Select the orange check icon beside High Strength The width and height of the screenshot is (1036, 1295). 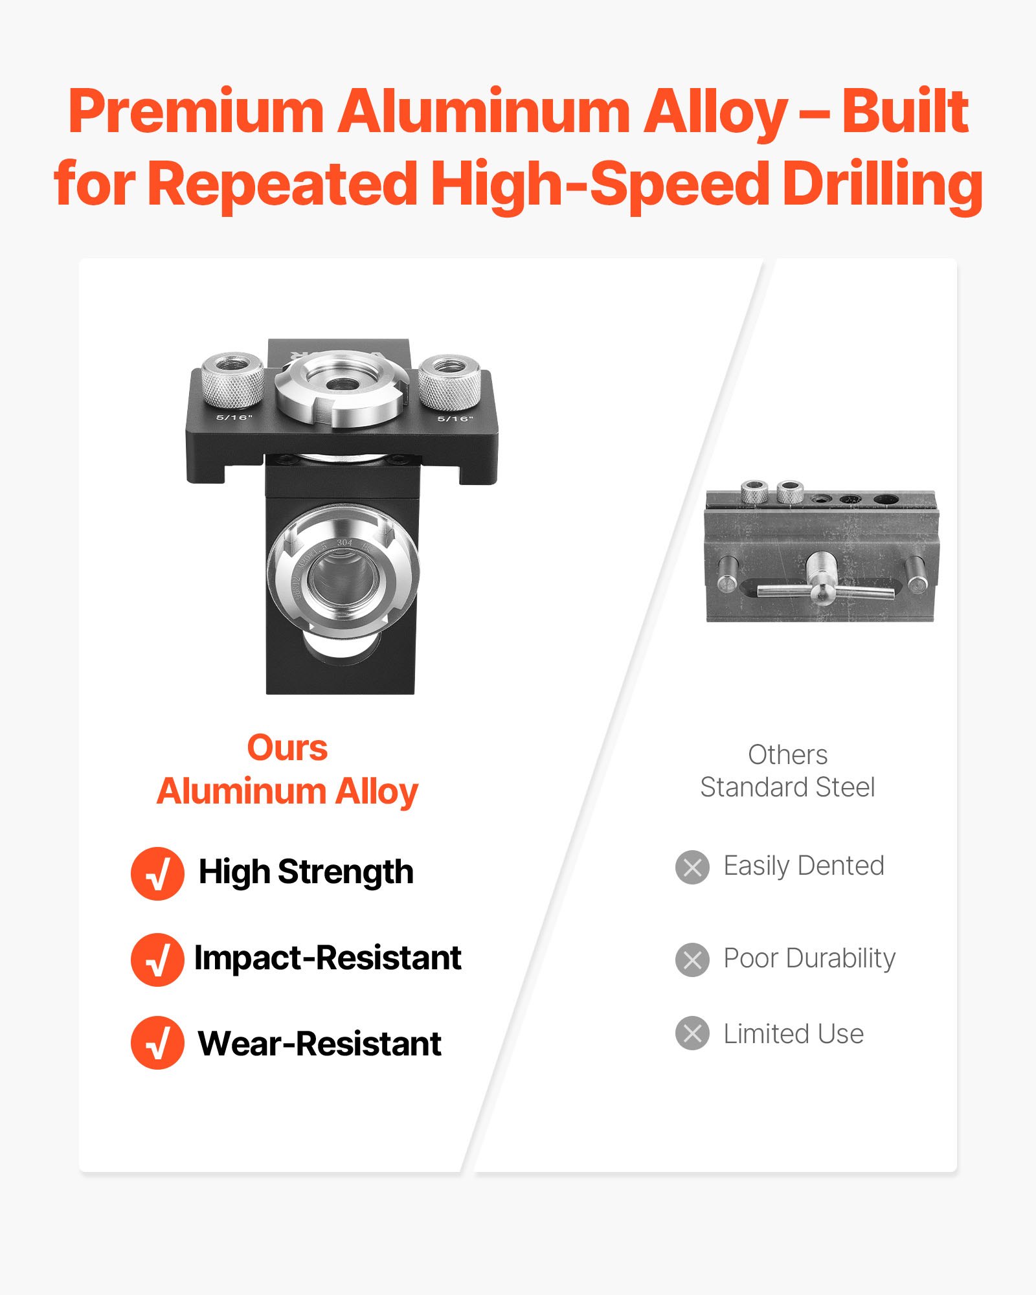click(x=157, y=873)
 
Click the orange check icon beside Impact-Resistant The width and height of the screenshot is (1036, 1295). click(x=157, y=959)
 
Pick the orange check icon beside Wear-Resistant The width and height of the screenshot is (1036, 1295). click(x=157, y=1042)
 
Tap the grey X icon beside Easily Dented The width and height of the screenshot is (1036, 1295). click(x=692, y=867)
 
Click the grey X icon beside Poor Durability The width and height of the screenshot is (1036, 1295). click(x=692, y=960)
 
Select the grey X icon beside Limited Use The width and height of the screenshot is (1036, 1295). click(x=692, y=1033)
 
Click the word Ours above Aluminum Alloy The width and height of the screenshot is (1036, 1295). click(x=287, y=749)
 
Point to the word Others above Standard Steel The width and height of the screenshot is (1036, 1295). click(x=787, y=755)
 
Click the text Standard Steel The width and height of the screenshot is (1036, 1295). click(x=787, y=787)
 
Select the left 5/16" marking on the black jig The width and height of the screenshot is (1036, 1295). click(x=234, y=418)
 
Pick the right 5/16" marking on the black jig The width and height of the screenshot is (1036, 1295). click(x=455, y=419)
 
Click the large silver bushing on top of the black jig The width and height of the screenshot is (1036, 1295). click(x=341, y=387)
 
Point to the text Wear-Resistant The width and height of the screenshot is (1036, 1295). click(x=319, y=1044)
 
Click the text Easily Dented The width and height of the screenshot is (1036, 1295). click(x=804, y=866)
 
